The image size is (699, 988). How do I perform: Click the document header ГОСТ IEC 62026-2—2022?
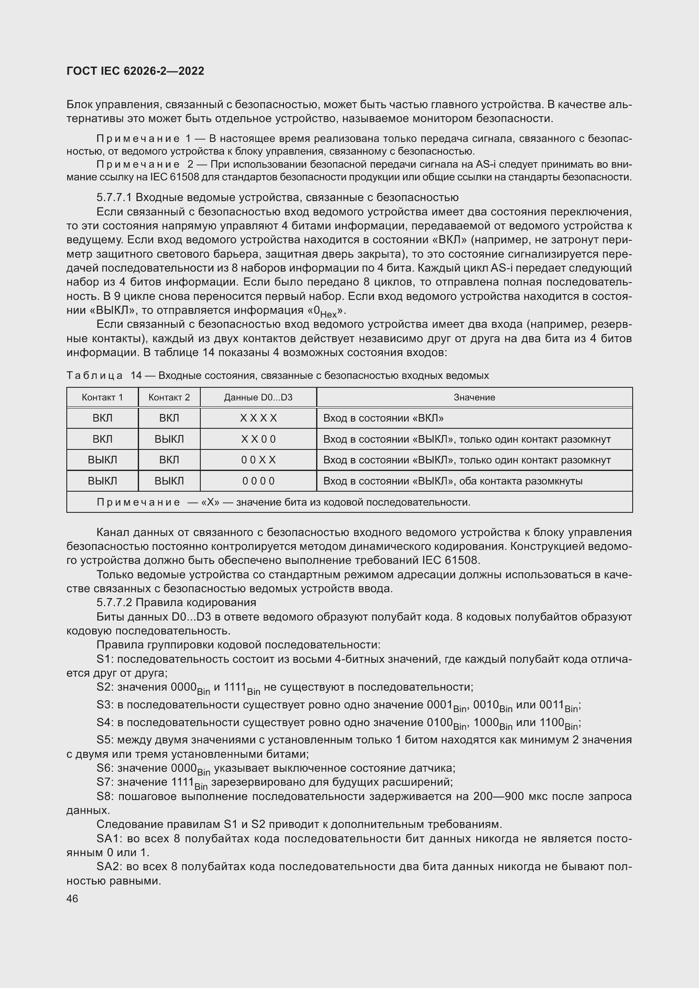click(135, 71)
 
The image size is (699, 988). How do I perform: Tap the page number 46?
click(72, 899)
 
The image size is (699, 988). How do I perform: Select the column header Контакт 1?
click(102, 397)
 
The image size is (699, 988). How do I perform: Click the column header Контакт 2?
click(169, 397)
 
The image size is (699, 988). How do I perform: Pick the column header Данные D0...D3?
click(258, 397)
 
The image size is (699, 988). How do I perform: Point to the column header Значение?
click(474, 397)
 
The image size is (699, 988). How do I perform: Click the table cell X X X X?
click(258, 418)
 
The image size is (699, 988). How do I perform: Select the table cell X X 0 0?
click(258, 439)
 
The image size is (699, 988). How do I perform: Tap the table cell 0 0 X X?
click(258, 460)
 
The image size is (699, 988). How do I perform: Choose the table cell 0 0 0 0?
click(258, 481)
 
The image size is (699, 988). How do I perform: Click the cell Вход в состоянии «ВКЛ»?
click(383, 418)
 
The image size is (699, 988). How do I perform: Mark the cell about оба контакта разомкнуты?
click(452, 481)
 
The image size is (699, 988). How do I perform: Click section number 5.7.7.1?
click(114, 198)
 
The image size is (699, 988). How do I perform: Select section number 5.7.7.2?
click(114, 602)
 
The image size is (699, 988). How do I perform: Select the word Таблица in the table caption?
click(95, 376)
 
